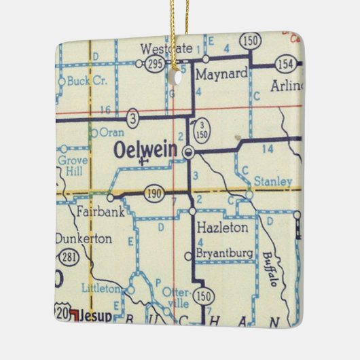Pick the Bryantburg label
pos(225,254)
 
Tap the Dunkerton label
pos(85,240)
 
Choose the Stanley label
pos(272,181)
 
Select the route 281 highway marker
pos(67,259)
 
